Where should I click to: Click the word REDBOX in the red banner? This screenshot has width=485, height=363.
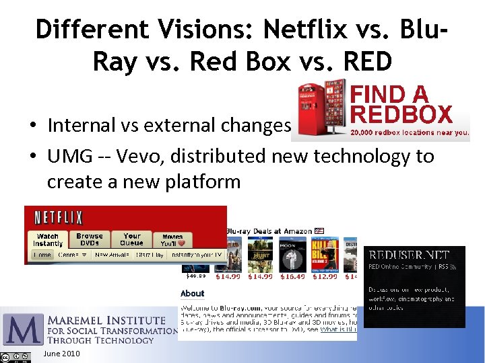401,114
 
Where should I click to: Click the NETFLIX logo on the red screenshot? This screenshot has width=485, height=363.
59,218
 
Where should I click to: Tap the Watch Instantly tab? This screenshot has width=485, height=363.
48,239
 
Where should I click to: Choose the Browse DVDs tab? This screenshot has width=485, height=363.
90,239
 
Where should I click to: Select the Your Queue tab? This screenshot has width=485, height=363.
132,239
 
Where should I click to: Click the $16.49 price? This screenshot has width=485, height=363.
292,276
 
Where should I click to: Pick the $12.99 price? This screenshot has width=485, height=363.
324,276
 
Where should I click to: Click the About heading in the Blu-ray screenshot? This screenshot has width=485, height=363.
193,293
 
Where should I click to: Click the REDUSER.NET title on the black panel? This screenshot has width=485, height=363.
407,255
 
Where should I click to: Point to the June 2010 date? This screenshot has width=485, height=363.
61,354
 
